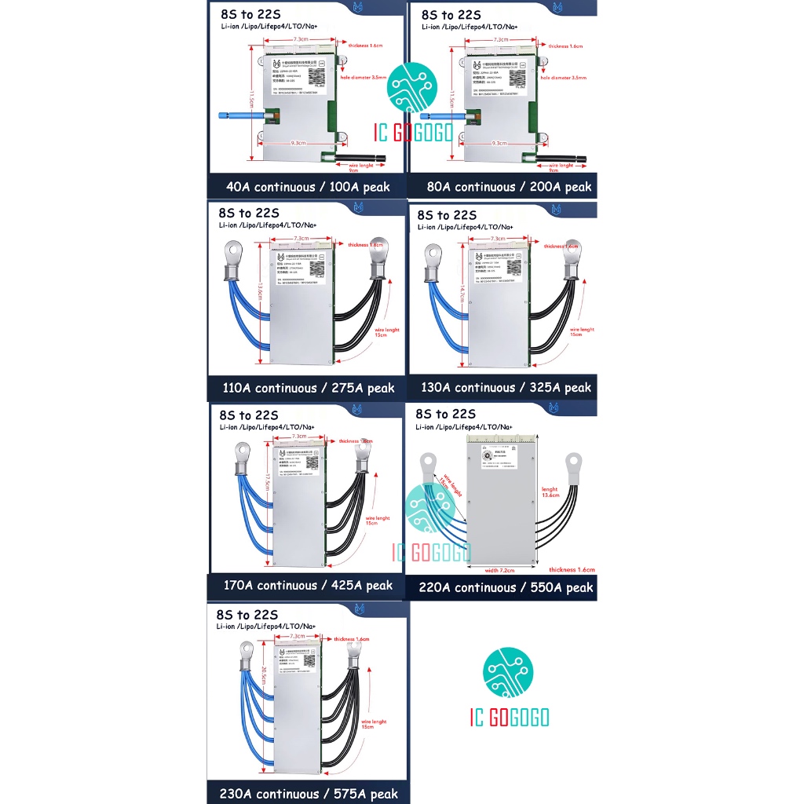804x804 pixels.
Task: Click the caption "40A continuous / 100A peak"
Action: tap(307, 187)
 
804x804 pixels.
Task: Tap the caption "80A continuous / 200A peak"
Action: tap(509, 187)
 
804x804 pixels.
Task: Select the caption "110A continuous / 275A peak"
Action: tap(309, 388)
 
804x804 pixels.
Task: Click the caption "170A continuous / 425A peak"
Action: tap(308, 585)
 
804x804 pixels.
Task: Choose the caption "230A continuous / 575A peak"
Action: tap(309, 794)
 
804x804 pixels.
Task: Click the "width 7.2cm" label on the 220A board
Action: tap(499, 570)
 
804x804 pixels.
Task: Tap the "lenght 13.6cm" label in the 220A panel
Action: tap(550, 492)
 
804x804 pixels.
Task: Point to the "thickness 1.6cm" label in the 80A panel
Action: tap(565, 46)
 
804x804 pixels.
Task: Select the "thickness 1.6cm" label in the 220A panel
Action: tap(572, 570)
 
